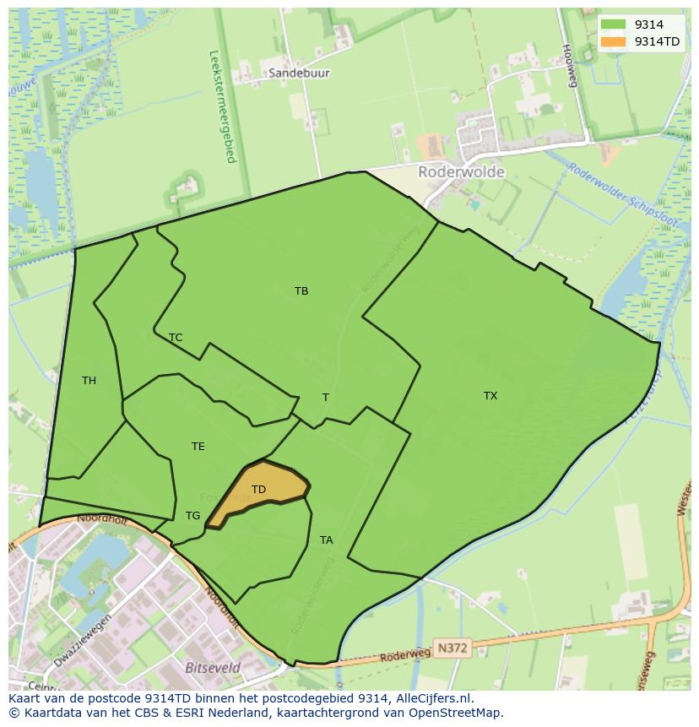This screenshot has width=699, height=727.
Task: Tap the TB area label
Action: click(301, 291)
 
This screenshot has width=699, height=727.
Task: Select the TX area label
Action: click(490, 395)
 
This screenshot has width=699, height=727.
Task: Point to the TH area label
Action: click(89, 381)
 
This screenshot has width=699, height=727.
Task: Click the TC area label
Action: click(176, 338)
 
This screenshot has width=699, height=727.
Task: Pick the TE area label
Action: click(198, 447)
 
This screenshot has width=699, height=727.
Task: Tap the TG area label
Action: click(193, 516)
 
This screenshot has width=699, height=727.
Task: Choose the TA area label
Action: click(327, 540)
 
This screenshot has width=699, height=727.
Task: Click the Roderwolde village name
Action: click(462, 172)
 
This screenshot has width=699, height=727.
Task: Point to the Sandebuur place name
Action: click(300, 73)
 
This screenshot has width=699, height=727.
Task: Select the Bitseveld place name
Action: click(212, 667)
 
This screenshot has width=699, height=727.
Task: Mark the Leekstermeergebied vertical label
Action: click(223, 106)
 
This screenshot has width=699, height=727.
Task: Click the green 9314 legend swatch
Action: click(614, 24)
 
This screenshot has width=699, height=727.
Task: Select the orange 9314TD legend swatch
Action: click(614, 41)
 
